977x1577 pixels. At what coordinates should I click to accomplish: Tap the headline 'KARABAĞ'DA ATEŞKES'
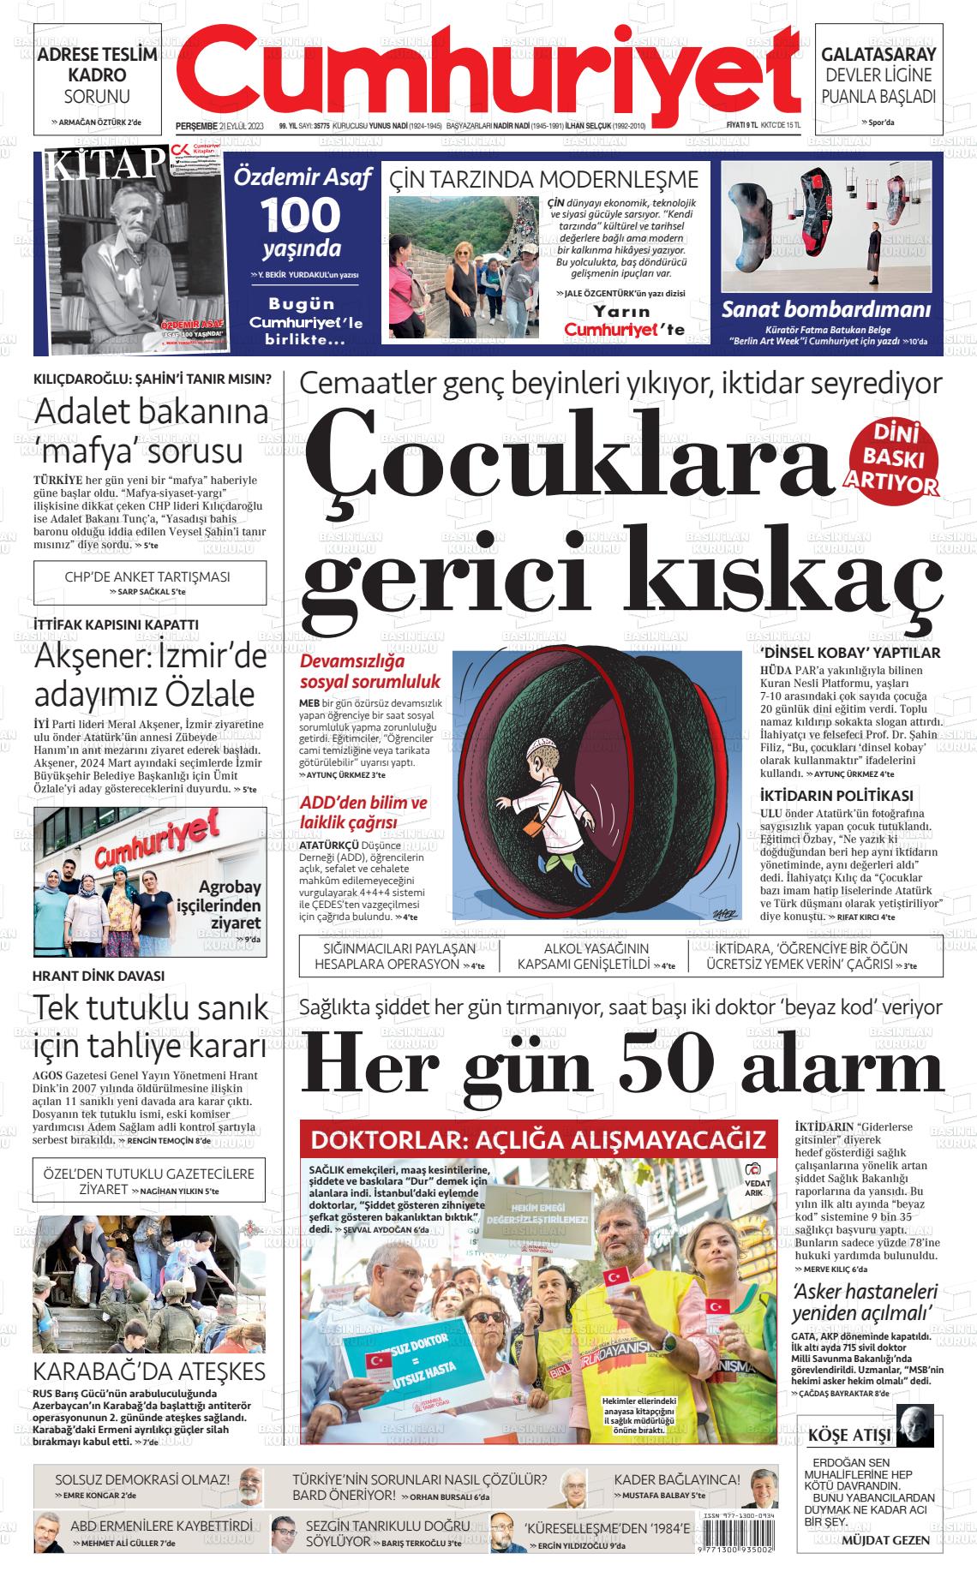point(149,1371)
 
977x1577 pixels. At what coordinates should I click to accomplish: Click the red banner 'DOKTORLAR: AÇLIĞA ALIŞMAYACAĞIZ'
point(537,1140)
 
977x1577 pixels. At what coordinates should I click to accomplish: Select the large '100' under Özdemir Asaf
point(300,213)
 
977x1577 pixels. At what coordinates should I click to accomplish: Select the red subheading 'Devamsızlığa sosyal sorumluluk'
point(369,672)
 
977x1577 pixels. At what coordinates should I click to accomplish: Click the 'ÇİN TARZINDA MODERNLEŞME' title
point(544,179)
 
